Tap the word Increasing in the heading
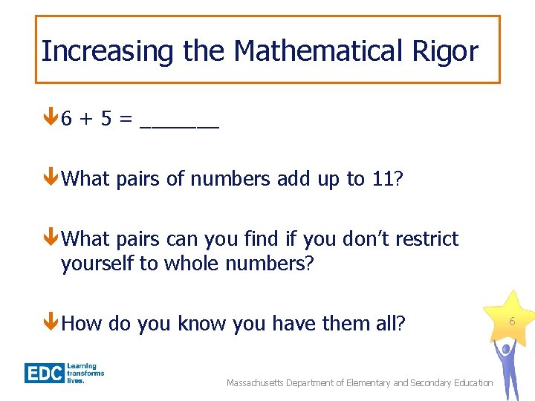click(x=106, y=51)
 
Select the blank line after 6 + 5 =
click(x=179, y=126)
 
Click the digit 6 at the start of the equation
click(x=67, y=119)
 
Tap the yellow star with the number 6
click(x=511, y=319)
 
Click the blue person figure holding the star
click(x=507, y=368)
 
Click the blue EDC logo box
click(x=44, y=373)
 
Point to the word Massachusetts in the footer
click(x=257, y=383)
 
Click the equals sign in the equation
click(x=126, y=119)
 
